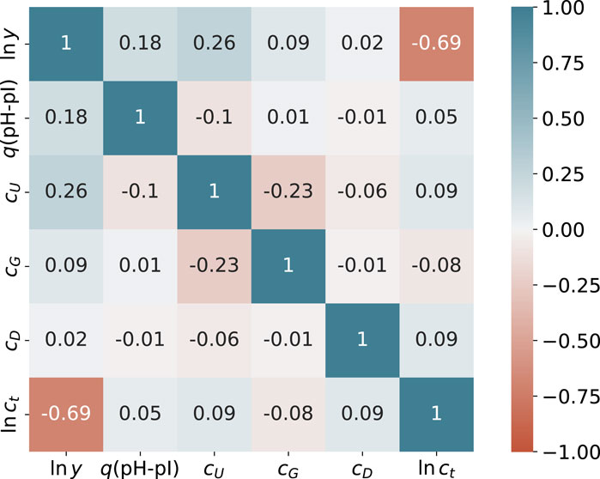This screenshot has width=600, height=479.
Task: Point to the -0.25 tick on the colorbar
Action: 561,284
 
